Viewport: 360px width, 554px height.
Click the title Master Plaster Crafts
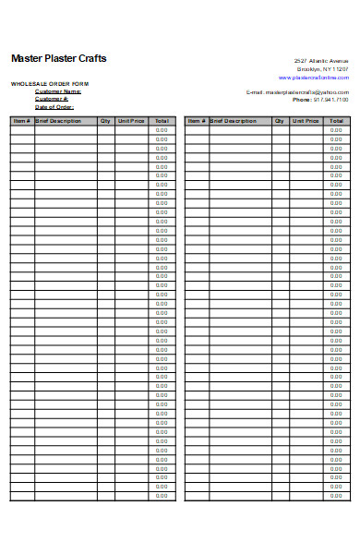[58, 58]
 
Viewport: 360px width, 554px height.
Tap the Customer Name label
[58, 91]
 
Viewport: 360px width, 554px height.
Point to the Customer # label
[53, 99]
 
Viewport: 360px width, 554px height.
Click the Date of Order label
[54, 106]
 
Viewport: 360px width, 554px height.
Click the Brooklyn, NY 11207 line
[322, 69]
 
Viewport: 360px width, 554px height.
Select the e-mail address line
[297, 92]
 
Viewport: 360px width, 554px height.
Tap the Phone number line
[320, 100]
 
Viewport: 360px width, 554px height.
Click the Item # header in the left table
[22, 121]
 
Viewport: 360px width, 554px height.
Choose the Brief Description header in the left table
[59, 121]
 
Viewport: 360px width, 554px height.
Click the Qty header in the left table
[105, 121]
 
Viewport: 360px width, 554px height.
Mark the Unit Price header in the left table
[131, 121]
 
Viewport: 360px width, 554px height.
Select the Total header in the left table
[162, 121]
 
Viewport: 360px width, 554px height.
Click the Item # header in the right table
[196, 121]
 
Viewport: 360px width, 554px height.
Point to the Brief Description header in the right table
[234, 121]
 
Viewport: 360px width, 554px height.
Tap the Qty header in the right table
[280, 121]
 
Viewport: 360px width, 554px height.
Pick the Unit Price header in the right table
[306, 121]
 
